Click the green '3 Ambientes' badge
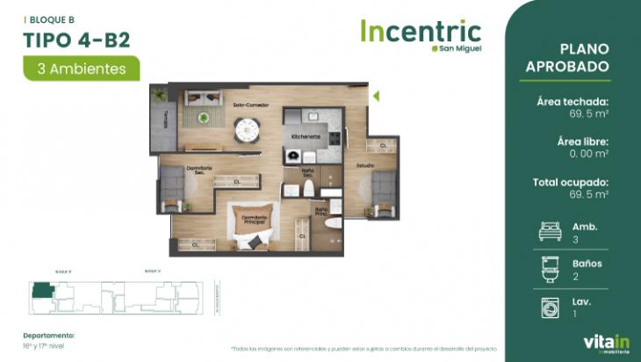pos(82,67)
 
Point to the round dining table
pos(247,130)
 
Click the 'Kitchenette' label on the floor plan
pos(305,137)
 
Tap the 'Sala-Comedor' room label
pos(249,105)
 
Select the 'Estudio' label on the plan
pos(366,165)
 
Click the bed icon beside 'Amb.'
pos(549,232)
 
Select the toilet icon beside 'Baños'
pos(549,269)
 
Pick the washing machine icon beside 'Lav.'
pos(549,307)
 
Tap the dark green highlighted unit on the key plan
pos(41,290)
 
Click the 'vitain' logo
pos(601,341)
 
